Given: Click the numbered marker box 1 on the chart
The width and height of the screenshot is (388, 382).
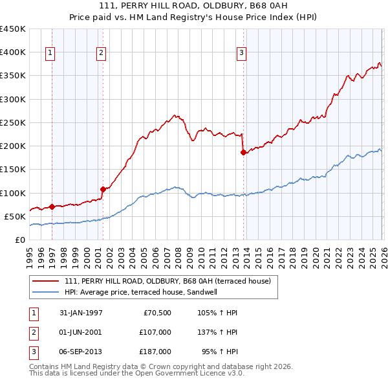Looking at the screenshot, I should [x=50, y=54].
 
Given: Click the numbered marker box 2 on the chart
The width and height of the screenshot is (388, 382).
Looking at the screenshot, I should [x=102, y=54].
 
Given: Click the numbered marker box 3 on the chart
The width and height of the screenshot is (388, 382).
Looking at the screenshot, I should [x=241, y=54].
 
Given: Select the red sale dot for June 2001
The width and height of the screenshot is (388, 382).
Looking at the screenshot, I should [x=102, y=189].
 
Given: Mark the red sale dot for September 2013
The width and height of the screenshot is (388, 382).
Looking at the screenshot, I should [x=243, y=153].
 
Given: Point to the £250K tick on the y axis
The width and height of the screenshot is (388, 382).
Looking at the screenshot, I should [x=12, y=122].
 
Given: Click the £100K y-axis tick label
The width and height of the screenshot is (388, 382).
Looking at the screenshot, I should [x=12, y=193].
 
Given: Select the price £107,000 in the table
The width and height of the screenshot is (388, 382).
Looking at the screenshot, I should [x=155, y=332].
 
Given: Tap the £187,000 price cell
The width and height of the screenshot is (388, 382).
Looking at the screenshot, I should [x=155, y=352].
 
